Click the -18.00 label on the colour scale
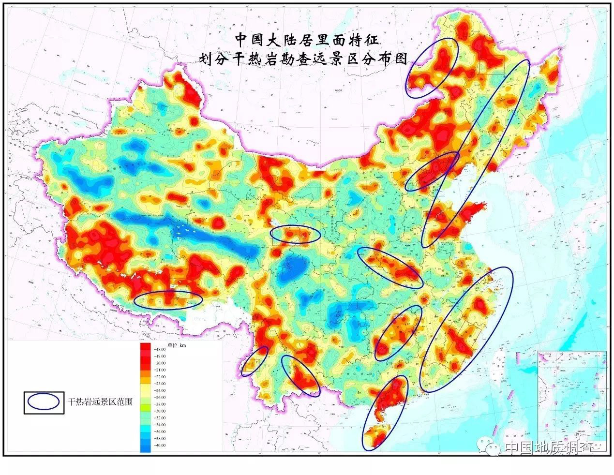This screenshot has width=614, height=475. (x=160, y=349)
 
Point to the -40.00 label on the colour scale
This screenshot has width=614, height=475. (x=160, y=445)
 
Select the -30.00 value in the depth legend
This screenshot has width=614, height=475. (x=160, y=411)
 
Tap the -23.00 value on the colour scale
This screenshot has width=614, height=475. (x=160, y=383)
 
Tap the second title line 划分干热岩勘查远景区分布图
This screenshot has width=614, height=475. (x=304, y=59)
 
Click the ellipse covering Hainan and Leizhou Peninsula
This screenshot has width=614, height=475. (x=385, y=413)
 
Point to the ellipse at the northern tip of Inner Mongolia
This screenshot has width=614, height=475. (x=433, y=68)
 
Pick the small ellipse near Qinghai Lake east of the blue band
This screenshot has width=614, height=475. (x=295, y=234)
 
